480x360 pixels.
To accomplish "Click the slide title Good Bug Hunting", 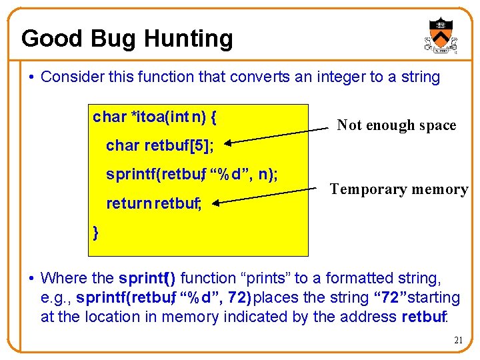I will pos(127,39).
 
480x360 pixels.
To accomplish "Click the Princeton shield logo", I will pos(441,35).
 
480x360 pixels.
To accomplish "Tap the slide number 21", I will pos(458,340).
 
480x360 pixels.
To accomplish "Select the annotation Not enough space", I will pos(396,125).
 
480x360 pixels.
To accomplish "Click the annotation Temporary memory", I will pos(399,189).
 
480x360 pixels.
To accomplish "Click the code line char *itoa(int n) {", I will pos(154,117).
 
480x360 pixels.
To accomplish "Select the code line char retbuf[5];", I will pos(159,146).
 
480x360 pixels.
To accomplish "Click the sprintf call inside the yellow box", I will pos(192,175).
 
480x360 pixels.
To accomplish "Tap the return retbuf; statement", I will pos(153,204).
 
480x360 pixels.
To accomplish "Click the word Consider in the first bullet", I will pos(69,77).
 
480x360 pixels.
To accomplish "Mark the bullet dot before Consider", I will pos(32,77).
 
